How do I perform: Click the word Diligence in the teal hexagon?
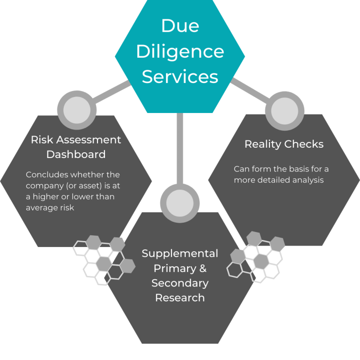(x=180, y=51)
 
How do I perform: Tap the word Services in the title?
(x=180, y=76)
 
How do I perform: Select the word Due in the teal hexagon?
(x=180, y=26)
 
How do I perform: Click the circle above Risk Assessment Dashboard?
(x=76, y=111)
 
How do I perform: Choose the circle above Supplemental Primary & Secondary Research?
(x=180, y=203)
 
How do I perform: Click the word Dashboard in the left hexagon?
(x=76, y=154)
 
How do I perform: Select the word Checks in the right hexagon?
(x=305, y=144)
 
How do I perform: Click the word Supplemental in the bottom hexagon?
(x=180, y=254)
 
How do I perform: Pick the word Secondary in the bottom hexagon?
(x=180, y=283)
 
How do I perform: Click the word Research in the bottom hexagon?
(x=180, y=298)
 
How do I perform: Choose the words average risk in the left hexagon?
(x=50, y=207)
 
